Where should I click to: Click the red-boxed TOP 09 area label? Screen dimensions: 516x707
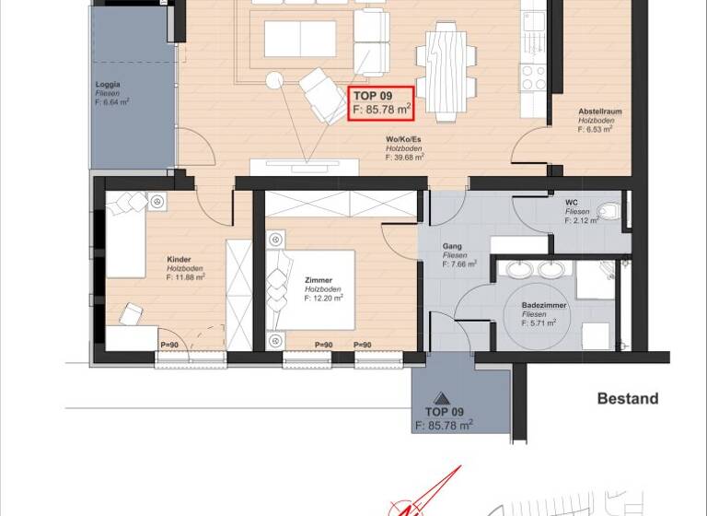tap(381, 101)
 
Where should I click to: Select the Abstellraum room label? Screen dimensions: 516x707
tap(600, 111)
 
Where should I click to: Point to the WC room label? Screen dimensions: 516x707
tap(572, 202)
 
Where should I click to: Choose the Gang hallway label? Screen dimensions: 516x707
tap(452, 246)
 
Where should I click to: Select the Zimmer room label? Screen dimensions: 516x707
tap(318, 280)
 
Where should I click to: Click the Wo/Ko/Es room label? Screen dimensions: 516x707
tap(404, 139)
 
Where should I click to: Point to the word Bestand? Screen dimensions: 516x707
tap(628, 399)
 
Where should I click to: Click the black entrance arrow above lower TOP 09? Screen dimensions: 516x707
tap(443, 398)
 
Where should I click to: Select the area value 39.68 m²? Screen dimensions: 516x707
tap(405, 158)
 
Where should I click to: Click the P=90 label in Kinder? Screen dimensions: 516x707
tap(168, 346)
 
